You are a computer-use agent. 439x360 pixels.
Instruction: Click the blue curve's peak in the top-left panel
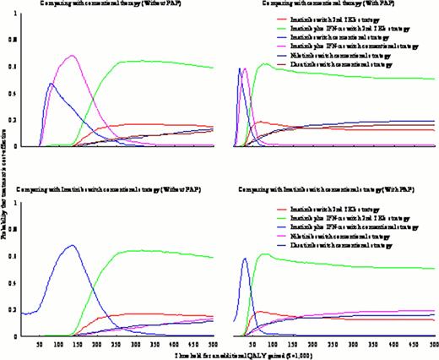(51, 84)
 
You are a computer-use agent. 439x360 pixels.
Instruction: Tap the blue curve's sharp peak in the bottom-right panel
(245, 259)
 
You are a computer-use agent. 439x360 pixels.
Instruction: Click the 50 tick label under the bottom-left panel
(39, 345)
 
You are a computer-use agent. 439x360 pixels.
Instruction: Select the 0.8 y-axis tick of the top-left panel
(11, 39)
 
